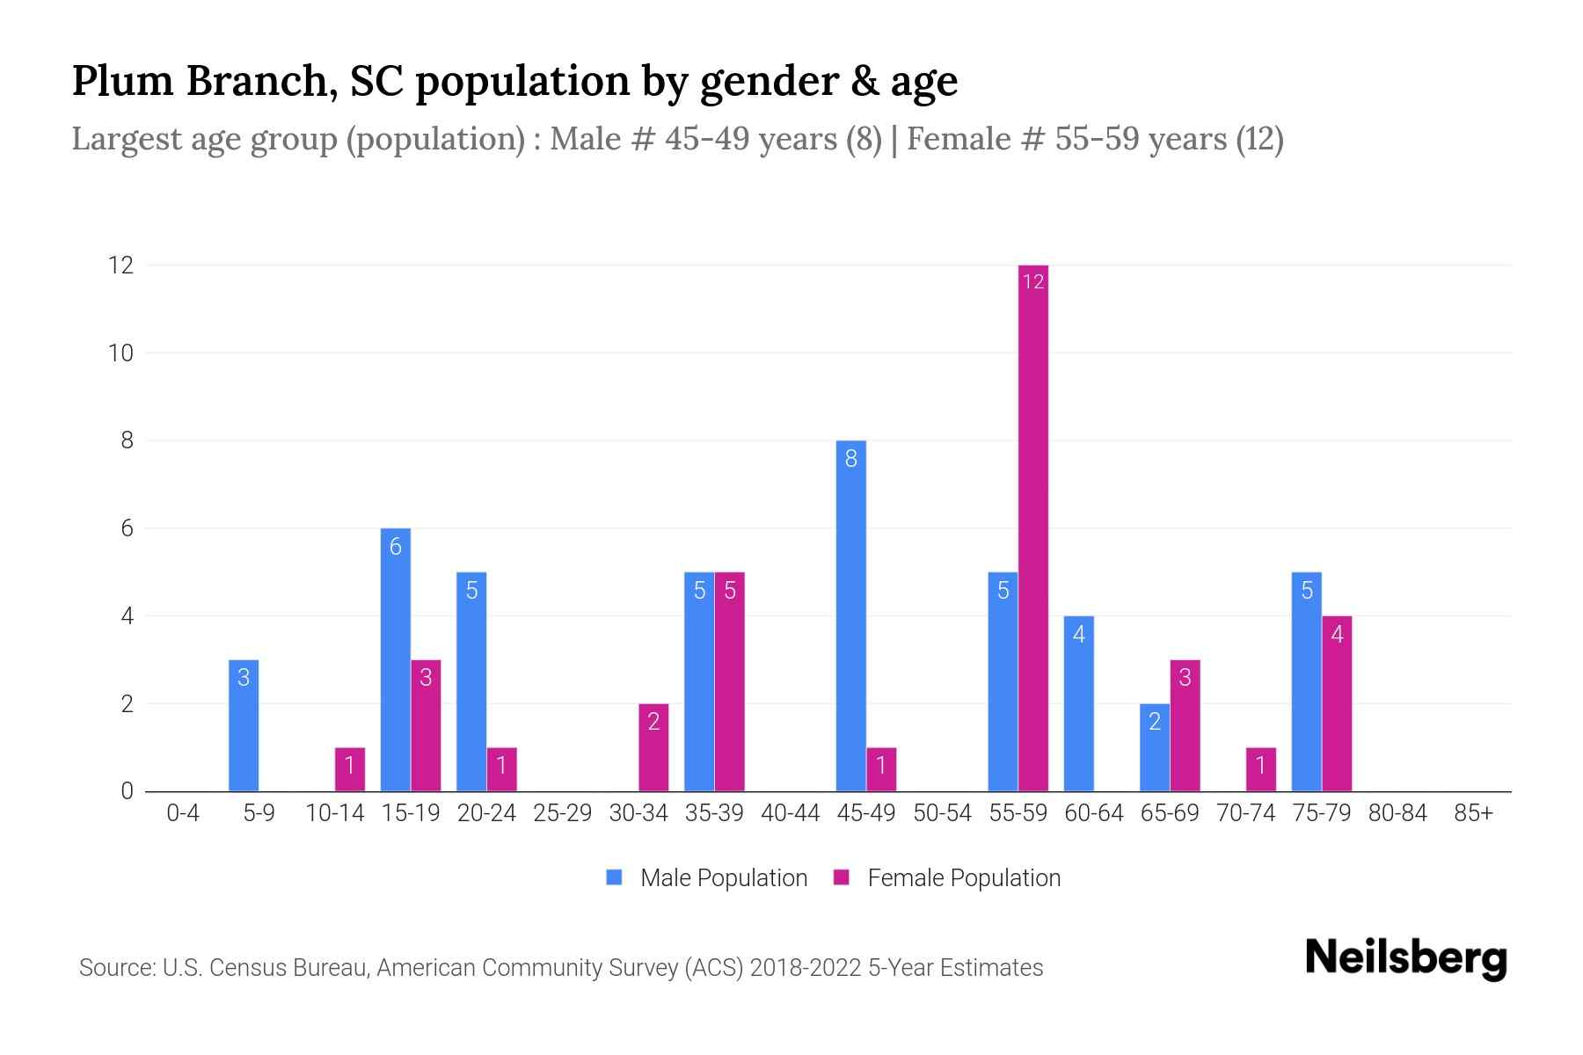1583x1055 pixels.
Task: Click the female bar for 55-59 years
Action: click(x=1033, y=527)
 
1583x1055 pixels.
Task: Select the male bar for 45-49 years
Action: click(x=850, y=615)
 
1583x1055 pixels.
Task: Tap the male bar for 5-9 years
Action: click(x=244, y=725)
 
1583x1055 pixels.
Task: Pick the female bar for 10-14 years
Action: click(x=349, y=769)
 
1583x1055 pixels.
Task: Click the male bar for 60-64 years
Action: click(x=1079, y=703)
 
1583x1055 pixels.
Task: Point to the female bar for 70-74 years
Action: click(x=1260, y=769)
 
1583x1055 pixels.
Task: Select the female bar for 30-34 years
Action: click(x=653, y=747)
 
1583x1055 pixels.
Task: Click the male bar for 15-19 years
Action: click(x=395, y=659)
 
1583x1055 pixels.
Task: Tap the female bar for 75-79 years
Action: click(x=1337, y=703)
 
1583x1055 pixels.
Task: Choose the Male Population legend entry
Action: click(x=707, y=877)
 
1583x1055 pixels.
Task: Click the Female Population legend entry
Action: click(x=947, y=877)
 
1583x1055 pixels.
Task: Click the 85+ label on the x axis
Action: click(x=1473, y=813)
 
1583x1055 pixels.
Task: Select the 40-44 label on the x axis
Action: click(x=790, y=813)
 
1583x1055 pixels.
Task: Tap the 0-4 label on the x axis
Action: click(x=183, y=813)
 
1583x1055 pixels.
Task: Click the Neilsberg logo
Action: click(x=1405, y=958)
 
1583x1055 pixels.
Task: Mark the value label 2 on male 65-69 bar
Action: click(x=1155, y=722)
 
